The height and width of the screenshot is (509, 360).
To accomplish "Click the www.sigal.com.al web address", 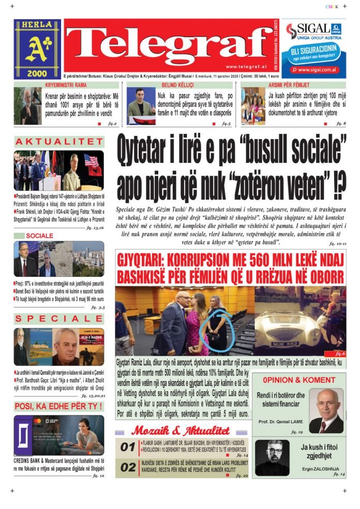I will (x=317, y=69).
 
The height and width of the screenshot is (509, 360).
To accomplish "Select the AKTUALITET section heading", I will (x=58, y=142).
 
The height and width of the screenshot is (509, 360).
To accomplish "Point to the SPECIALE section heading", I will (x=58, y=319).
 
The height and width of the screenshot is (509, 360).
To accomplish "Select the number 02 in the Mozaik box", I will (x=127, y=468).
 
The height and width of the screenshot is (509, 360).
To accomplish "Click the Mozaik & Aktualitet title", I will (x=181, y=431).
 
